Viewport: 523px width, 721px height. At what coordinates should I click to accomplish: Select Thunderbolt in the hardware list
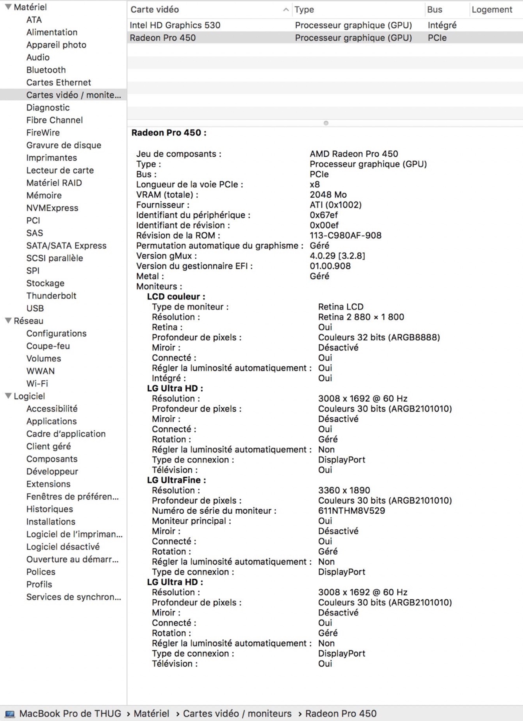click(x=51, y=296)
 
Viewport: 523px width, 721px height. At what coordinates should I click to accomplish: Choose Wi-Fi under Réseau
click(x=37, y=383)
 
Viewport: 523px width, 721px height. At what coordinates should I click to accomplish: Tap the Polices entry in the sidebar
click(x=41, y=572)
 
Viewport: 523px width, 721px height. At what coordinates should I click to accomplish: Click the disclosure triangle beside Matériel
click(x=8, y=7)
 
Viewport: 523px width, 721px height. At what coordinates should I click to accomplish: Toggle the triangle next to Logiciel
click(x=8, y=396)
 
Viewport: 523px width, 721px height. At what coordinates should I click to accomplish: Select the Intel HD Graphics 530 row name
click(x=175, y=25)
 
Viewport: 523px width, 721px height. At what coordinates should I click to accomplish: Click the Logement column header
click(x=492, y=9)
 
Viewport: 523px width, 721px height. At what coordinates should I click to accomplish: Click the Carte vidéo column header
click(x=155, y=9)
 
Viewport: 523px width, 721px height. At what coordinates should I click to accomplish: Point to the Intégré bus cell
click(x=442, y=25)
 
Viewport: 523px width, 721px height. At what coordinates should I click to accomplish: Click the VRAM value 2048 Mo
click(x=328, y=195)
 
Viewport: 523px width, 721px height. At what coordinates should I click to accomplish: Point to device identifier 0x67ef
click(x=324, y=215)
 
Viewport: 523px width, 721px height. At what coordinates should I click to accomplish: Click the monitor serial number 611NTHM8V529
click(x=351, y=510)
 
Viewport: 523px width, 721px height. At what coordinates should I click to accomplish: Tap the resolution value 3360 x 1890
click(x=344, y=490)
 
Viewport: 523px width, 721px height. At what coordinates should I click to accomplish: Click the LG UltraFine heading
click(x=176, y=480)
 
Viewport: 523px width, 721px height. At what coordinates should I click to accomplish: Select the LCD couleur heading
click(x=176, y=297)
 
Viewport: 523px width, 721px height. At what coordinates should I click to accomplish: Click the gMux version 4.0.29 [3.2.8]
click(x=337, y=256)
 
